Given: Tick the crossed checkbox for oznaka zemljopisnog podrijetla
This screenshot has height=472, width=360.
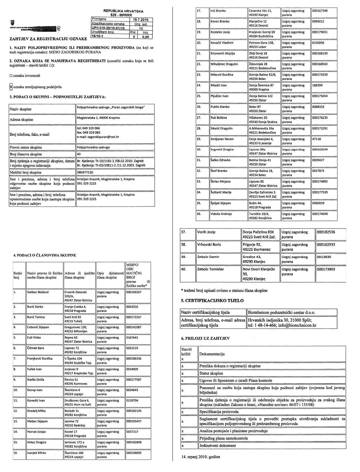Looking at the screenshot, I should [x=11, y=87].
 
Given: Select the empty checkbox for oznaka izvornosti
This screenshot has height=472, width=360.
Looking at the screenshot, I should [x=11, y=76].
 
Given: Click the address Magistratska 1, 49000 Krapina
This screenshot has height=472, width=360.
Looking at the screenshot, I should [x=98, y=118].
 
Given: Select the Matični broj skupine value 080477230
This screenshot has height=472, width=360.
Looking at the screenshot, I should [x=85, y=172].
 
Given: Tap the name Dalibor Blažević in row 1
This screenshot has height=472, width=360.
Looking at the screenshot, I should [x=38, y=292].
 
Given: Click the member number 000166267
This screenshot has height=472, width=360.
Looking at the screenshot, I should [x=134, y=292].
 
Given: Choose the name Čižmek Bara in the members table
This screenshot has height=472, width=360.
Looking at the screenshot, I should [x=36, y=348].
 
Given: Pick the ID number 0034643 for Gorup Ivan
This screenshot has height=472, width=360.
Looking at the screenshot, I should [x=132, y=390].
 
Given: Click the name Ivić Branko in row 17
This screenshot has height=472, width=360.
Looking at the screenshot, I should [x=218, y=11].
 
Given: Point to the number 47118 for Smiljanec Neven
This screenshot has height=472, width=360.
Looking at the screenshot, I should [x=317, y=139].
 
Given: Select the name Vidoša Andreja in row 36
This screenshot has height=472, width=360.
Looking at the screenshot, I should [x=221, y=214].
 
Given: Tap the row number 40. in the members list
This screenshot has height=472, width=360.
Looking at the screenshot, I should [x=184, y=269].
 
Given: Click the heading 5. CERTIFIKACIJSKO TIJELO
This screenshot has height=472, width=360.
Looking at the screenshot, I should [x=212, y=301].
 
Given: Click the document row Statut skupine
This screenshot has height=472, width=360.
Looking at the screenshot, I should [x=211, y=373].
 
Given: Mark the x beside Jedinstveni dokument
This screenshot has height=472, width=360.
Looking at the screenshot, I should [x=183, y=446].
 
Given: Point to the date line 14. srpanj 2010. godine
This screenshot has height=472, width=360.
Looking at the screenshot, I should [x=201, y=457].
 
